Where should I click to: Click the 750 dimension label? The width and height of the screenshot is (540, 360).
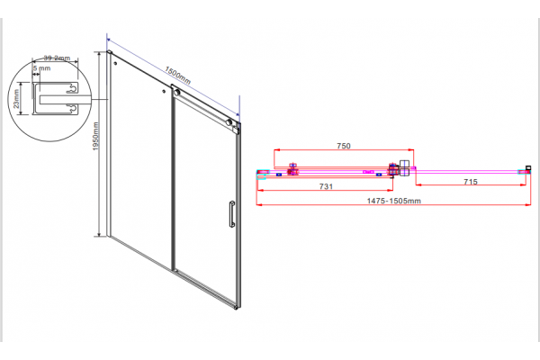344,146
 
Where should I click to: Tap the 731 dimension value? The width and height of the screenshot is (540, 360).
326,186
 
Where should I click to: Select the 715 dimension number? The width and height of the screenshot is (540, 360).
471,182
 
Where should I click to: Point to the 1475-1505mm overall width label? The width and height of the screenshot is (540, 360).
393,201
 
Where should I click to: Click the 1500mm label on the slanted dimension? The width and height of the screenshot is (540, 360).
177,76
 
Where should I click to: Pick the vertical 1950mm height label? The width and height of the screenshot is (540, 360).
95,136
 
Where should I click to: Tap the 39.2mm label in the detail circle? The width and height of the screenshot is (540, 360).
57,58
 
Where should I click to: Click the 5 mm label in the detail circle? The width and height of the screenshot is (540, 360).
42,67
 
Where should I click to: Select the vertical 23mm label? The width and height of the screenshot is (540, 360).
16,99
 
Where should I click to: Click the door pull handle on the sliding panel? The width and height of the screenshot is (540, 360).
232,214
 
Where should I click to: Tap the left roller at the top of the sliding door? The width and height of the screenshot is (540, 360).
177,93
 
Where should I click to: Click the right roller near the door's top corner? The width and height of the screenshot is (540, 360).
229,122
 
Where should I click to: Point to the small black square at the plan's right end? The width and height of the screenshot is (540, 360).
528,168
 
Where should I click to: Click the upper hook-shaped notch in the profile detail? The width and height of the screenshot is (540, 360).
72,88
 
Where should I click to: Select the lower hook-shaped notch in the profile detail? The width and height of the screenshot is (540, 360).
72,109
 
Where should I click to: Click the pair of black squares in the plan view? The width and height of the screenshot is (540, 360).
403,167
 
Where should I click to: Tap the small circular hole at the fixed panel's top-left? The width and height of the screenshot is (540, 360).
115,63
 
